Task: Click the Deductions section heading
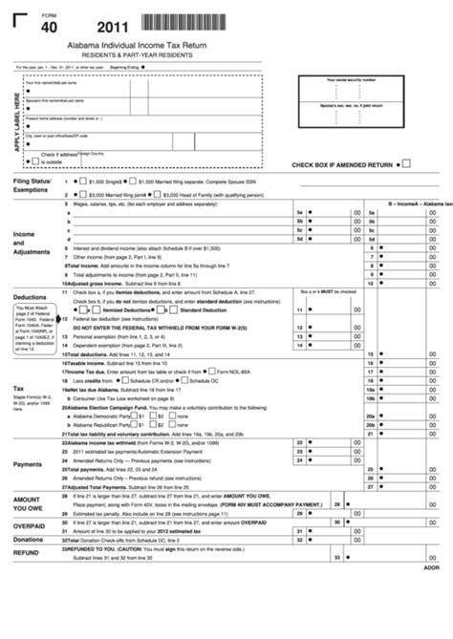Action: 30,297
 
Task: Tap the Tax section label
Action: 18,389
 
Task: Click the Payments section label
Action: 28,464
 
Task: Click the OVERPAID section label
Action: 29,526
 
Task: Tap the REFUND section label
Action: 26,552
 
